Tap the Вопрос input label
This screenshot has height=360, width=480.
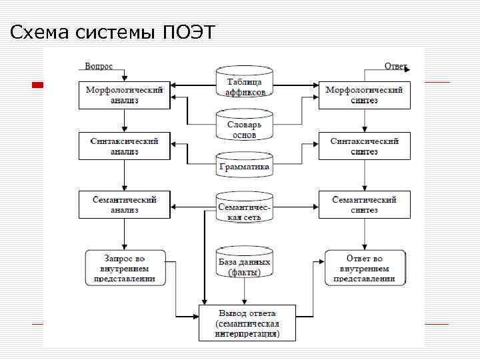click(x=99, y=66)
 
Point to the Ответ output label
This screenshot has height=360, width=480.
click(x=395, y=66)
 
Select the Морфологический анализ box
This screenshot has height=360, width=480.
click(x=125, y=95)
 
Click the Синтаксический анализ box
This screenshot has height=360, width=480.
click(x=125, y=146)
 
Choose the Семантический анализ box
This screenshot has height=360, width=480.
click(x=125, y=205)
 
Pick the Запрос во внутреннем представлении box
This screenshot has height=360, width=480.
click(x=125, y=268)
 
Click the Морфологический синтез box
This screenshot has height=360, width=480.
click(x=364, y=95)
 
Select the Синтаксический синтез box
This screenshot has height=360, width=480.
click(x=364, y=146)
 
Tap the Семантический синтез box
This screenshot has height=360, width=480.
click(x=364, y=205)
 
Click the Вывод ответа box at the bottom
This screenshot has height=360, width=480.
click(x=247, y=323)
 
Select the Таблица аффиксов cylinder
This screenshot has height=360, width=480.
click(x=245, y=84)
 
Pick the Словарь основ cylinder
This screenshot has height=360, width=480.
click(x=245, y=127)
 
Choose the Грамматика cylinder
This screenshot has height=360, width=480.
click(x=245, y=165)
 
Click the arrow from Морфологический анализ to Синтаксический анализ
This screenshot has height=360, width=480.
click(x=125, y=121)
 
